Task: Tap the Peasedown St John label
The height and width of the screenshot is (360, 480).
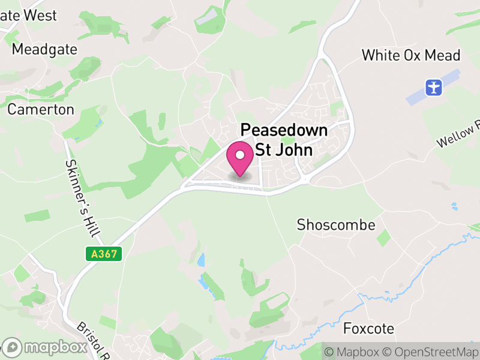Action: pos(284,139)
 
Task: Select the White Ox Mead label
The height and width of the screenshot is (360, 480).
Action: pos(411,55)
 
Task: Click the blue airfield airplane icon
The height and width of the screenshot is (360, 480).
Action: pos(433,88)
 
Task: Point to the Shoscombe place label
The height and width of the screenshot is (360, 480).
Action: pos(336,225)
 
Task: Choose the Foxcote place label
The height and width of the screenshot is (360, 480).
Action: pos(368,328)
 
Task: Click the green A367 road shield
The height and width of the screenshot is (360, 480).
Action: pos(104,254)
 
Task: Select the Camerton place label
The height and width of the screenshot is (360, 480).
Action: pos(41,109)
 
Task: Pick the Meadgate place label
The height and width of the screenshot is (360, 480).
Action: pos(44,49)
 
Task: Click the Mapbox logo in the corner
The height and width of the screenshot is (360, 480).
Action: pos(45,347)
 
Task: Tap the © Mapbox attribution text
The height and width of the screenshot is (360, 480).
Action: pos(355,352)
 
